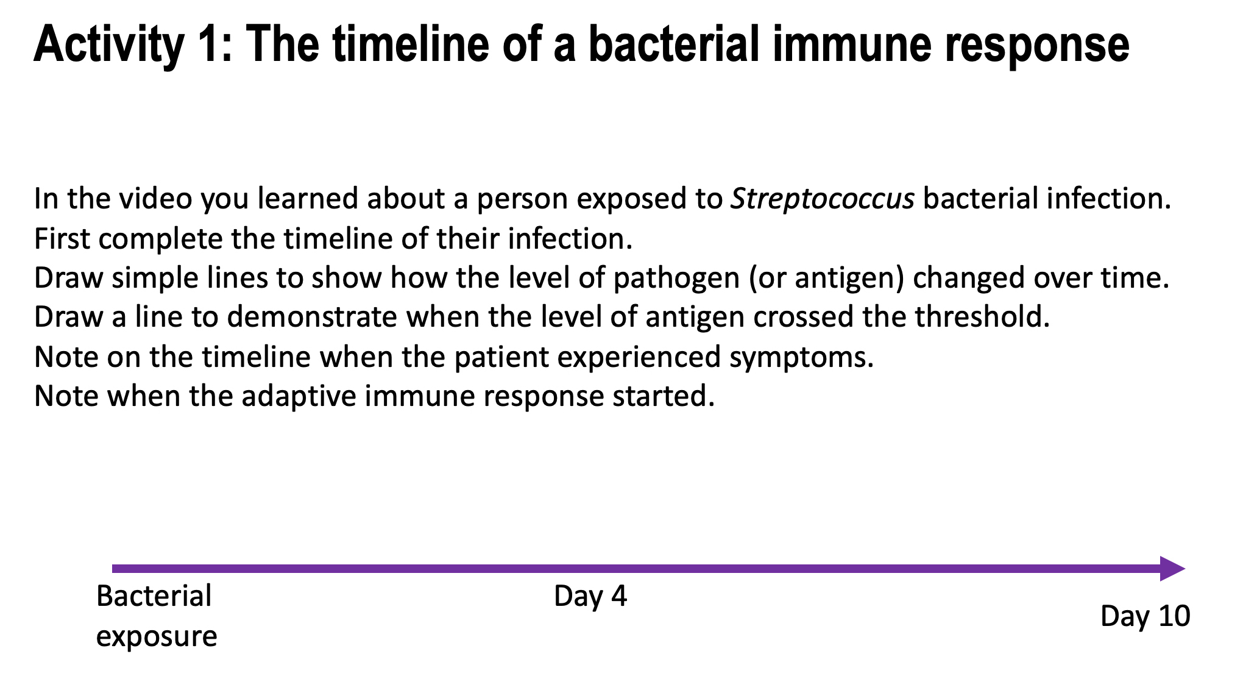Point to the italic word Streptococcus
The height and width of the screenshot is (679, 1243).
point(822,199)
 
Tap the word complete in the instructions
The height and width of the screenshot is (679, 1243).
point(161,238)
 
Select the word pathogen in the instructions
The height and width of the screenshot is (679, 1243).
point(676,278)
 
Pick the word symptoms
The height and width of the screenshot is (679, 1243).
point(801,357)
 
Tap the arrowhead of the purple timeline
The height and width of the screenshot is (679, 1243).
point(1171,569)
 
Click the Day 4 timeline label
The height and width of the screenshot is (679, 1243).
point(590,596)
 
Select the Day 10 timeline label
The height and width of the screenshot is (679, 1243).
point(1145,616)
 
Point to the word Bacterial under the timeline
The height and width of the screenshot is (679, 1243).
point(154,596)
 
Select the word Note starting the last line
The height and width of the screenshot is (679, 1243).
point(66,396)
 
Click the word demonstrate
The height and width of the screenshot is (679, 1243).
point(312,317)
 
